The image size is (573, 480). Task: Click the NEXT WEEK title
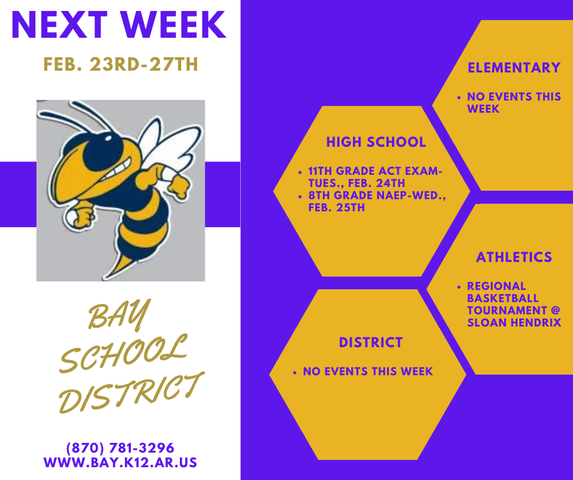click(119, 26)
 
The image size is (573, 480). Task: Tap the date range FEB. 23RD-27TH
click(121, 65)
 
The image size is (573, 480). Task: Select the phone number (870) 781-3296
click(121, 448)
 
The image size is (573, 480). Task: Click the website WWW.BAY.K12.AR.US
click(121, 462)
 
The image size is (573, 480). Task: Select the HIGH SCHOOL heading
click(376, 143)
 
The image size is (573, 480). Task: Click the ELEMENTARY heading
click(514, 68)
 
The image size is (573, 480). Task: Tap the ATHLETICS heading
click(514, 257)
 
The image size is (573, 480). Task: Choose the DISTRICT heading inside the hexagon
click(371, 342)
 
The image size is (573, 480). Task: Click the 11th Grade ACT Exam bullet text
click(375, 177)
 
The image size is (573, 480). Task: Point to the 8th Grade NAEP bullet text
click(375, 202)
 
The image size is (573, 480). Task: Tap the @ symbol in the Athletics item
click(555, 311)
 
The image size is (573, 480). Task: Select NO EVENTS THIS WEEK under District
click(368, 371)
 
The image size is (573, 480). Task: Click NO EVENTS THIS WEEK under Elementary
click(514, 102)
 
